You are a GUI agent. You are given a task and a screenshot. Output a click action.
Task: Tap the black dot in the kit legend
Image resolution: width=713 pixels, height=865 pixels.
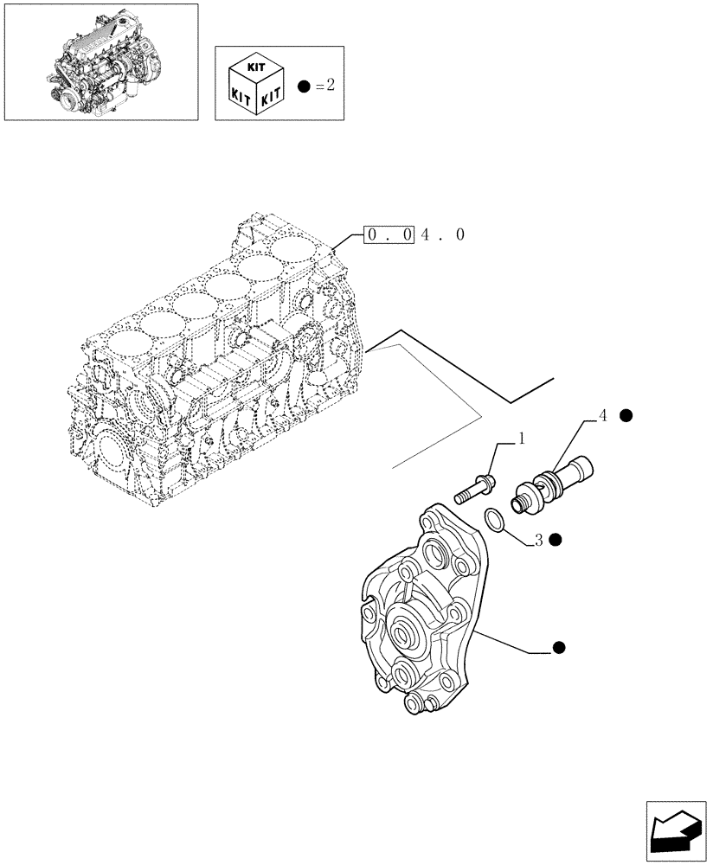click(x=303, y=86)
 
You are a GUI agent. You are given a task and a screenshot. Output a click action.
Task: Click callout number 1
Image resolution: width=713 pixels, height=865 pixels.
click(x=523, y=439)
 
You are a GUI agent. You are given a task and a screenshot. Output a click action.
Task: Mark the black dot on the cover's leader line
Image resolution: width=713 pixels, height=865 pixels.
click(x=559, y=647)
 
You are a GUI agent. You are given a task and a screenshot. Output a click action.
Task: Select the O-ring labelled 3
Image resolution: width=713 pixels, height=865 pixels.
click(x=493, y=518)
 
